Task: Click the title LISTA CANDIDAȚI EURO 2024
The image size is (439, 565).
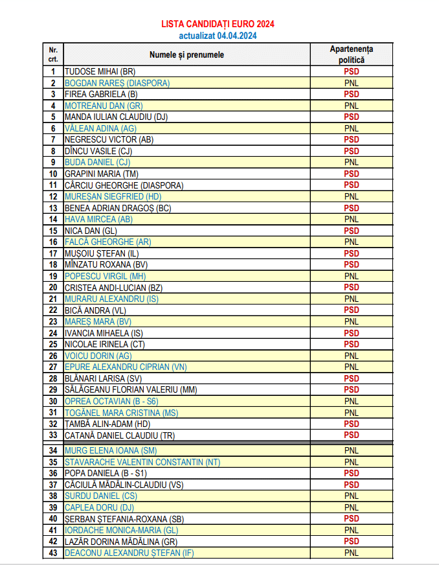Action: coord(218,24)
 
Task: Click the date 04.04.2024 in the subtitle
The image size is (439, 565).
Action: coord(236,36)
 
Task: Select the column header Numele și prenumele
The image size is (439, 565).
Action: coord(186,54)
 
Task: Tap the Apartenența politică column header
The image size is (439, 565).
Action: coord(351,54)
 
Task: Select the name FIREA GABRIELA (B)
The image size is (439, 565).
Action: coord(97,94)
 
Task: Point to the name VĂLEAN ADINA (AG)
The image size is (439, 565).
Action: coord(100,128)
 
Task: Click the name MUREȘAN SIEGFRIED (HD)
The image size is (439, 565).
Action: coord(113,196)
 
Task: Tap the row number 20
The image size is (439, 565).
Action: coord(53,287)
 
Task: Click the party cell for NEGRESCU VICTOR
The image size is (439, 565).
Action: coord(351,139)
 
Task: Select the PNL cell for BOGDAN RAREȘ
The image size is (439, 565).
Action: coord(351,83)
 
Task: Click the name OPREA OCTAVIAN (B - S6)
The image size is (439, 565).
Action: coord(111,401)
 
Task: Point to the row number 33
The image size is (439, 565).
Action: coord(53,435)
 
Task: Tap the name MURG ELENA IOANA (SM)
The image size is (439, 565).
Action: coord(111,450)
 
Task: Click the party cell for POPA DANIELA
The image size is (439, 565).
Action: coord(351,473)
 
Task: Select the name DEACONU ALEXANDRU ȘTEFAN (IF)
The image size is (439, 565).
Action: coord(129,553)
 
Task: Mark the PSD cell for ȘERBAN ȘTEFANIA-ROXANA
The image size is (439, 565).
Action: coord(351,518)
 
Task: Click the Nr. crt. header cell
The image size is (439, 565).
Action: coord(53,54)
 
